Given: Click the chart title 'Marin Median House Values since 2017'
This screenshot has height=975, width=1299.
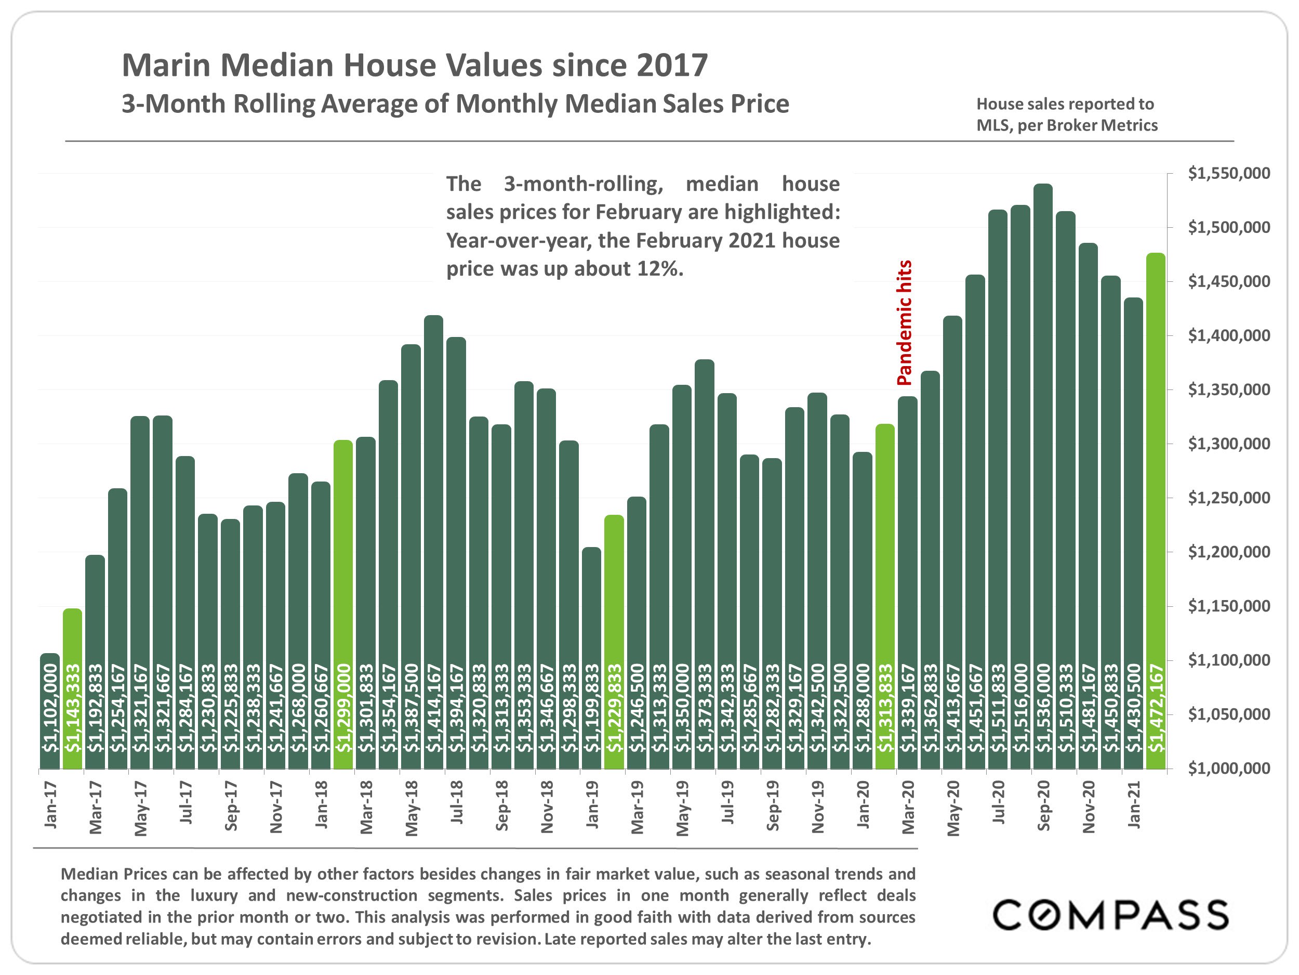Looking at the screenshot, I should click(415, 65).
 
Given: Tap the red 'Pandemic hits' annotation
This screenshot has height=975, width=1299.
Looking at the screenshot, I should click(905, 322).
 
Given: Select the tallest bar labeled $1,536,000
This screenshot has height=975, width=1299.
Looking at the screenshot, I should click(1043, 476).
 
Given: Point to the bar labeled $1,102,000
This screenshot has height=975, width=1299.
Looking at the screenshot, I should click(50, 711).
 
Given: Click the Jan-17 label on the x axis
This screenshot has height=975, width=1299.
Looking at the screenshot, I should click(51, 804).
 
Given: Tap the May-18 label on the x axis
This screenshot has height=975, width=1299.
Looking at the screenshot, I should click(412, 808).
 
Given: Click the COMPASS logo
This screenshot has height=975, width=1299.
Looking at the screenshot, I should click(1110, 915).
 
